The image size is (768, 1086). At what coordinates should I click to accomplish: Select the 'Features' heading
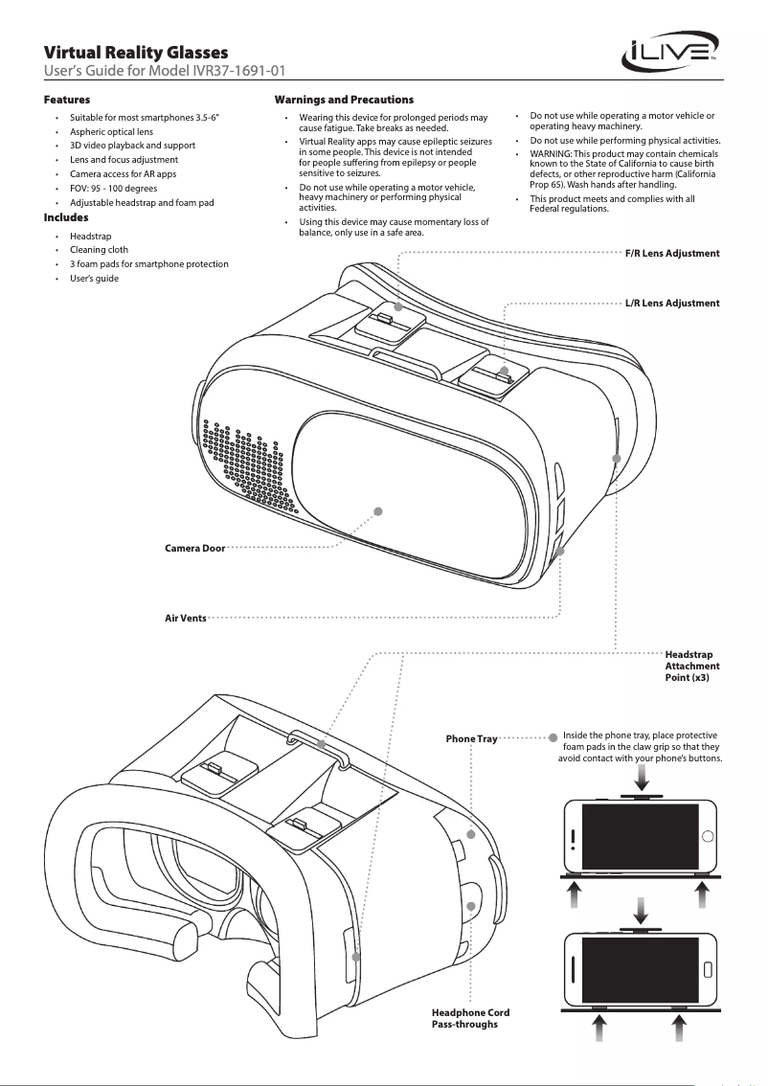67,100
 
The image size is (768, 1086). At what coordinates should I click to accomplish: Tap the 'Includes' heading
66,218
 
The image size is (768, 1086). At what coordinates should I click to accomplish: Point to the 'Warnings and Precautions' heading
344,100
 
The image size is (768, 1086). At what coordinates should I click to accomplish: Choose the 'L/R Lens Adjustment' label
671,303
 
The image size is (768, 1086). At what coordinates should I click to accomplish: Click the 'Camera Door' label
194,549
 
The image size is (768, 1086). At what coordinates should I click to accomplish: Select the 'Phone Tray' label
472,739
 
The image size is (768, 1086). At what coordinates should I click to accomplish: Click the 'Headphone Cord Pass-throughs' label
470,1018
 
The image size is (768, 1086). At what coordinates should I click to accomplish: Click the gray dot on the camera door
378,510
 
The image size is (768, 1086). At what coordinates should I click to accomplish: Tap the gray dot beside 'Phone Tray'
553,738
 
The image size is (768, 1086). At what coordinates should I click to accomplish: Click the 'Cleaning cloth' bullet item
99,249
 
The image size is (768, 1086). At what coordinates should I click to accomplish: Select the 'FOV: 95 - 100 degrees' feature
113,189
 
